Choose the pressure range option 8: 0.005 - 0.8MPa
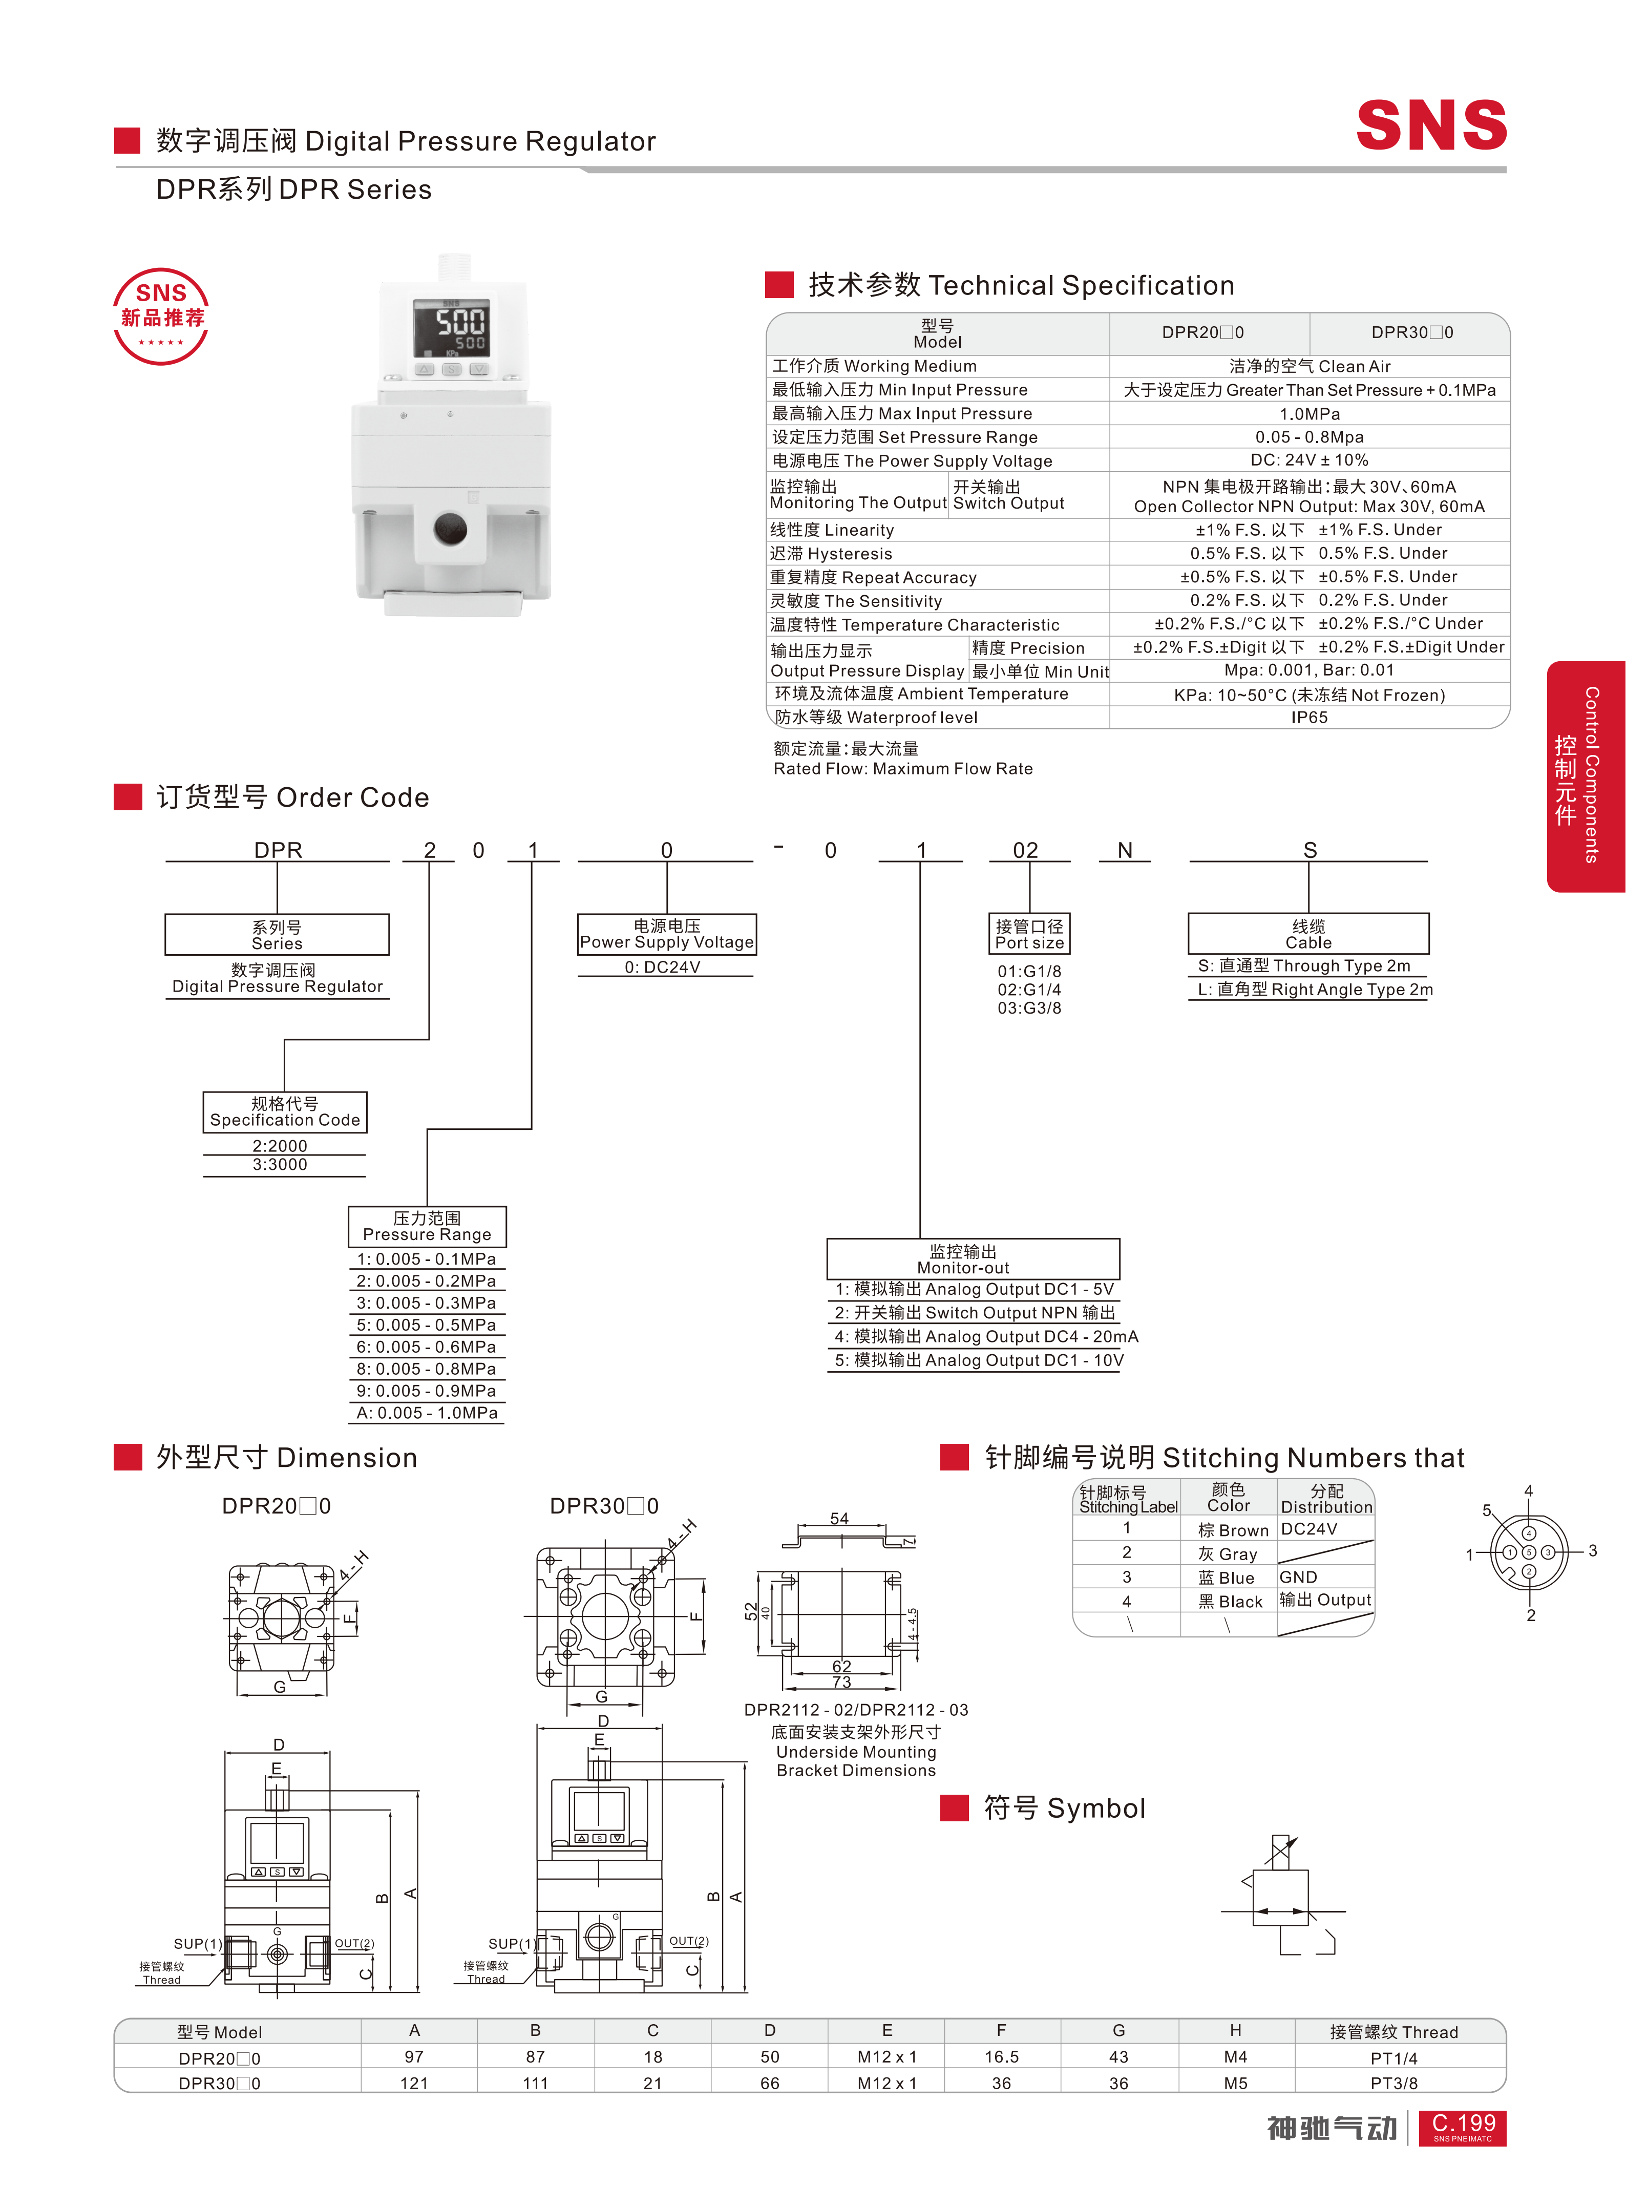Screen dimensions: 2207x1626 point(426,1369)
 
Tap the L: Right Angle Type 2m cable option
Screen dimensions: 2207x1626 point(1314,990)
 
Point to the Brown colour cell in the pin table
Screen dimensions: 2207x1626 point(1232,1530)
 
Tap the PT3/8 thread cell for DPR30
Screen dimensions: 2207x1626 point(1393,2083)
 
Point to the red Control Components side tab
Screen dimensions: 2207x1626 point(1585,775)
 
